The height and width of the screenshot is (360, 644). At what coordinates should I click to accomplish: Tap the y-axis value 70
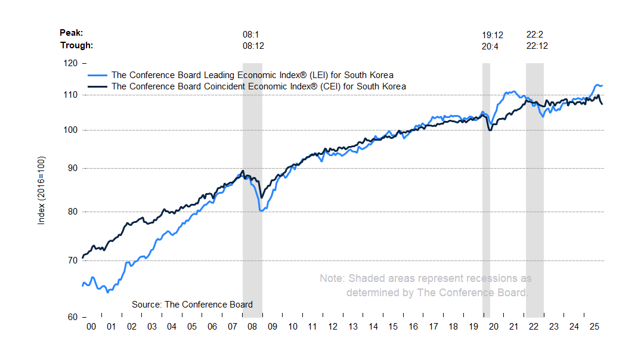click(72, 260)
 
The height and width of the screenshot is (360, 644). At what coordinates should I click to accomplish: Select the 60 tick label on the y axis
click(72, 317)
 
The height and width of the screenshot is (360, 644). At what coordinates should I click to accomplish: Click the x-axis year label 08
click(253, 327)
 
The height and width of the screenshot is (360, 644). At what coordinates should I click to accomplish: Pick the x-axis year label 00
click(91, 327)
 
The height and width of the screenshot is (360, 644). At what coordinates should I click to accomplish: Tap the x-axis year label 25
click(594, 327)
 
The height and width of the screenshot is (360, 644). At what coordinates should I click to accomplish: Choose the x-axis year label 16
click(413, 327)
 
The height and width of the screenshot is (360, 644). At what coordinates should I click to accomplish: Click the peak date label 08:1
click(250, 35)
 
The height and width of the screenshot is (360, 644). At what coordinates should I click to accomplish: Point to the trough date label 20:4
click(490, 46)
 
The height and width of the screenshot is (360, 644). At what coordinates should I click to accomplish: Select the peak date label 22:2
click(535, 35)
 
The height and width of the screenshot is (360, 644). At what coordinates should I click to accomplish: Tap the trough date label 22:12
click(537, 46)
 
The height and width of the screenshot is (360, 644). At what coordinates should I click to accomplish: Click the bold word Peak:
click(72, 33)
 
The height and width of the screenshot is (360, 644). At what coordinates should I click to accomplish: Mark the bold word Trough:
click(77, 45)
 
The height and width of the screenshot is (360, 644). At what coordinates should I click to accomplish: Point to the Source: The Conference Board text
click(192, 305)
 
